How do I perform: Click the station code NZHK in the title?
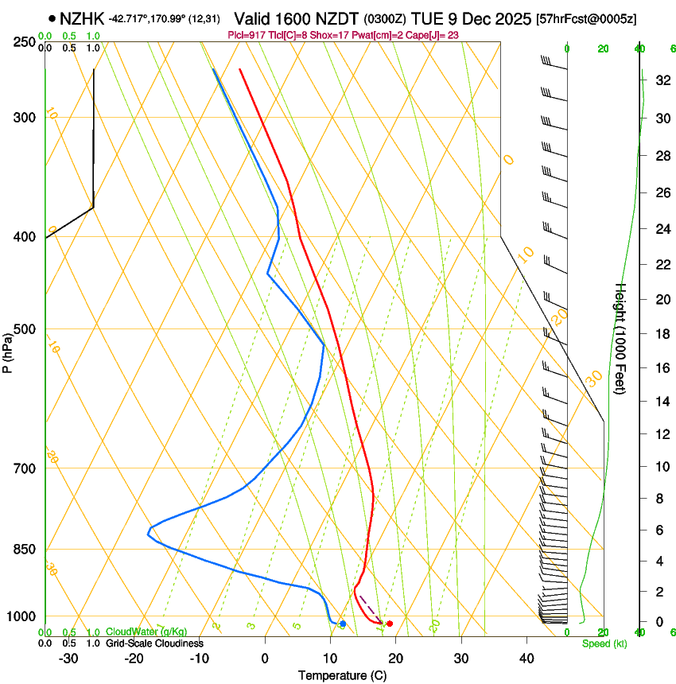[82, 17]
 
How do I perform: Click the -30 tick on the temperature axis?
[68, 658]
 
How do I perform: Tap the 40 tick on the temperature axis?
[526, 658]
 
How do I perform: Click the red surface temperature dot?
[389, 624]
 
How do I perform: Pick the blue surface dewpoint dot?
[342, 624]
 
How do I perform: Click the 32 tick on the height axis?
[660, 80]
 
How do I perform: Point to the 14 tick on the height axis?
[660, 401]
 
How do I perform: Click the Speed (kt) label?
[604, 643]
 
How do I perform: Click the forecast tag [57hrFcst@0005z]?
[587, 18]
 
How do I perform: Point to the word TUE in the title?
[427, 17]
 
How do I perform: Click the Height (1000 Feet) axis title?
[621, 338]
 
